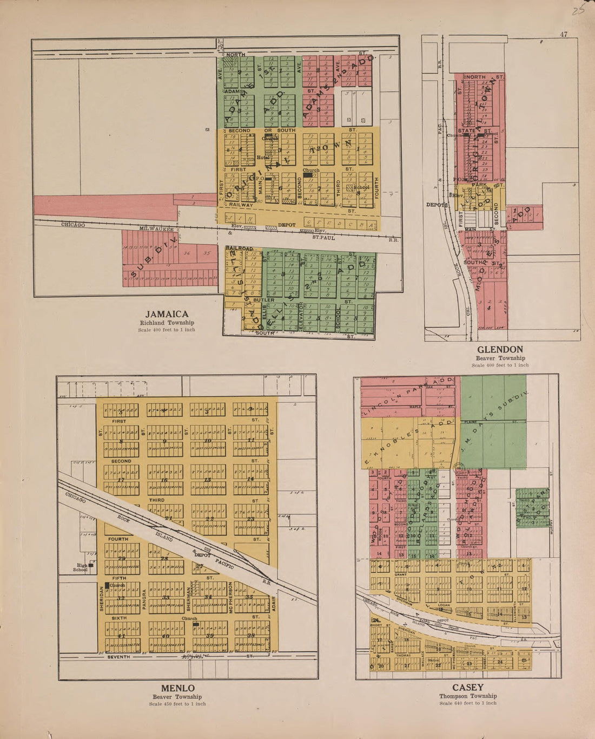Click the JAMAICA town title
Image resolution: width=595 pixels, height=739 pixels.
click(x=167, y=314)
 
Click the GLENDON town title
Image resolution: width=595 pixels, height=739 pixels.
click(x=500, y=350)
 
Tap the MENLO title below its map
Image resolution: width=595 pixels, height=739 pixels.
click(x=177, y=688)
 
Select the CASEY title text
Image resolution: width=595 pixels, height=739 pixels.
click(x=468, y=688)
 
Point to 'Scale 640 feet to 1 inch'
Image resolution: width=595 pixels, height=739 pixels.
click(x=468, y=703)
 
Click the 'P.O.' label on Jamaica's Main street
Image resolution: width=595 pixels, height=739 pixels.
click(x=260, y=178)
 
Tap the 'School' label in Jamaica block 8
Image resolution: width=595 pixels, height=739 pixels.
click(x=361, y=187)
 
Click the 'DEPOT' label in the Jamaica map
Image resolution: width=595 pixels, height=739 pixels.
click(x=287, y=225)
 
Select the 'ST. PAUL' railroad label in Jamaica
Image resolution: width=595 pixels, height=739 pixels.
click(x=323, y=237)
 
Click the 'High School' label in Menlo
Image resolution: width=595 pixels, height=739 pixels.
click(x=81, y=567)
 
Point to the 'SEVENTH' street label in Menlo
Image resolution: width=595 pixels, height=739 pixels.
click(x=118, y=657)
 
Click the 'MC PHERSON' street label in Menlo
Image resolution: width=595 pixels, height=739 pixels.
click(x=230, y=597)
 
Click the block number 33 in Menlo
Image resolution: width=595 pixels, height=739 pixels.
click(x=166, y=598)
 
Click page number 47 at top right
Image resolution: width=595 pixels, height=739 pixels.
click(x=564, y=34)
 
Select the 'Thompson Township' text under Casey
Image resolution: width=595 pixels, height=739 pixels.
click(x=468, y=696)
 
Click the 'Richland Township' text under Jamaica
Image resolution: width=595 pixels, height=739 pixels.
click(x=167, y=323)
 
